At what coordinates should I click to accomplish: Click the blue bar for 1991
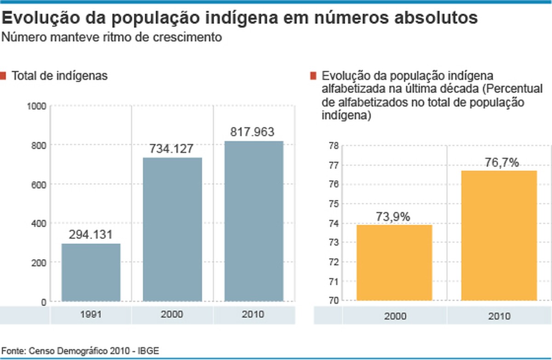pyautogui.click(x=91, y=273)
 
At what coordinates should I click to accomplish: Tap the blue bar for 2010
pyautogui.click(x=254, y=221)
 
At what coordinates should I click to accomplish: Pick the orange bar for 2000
pyautogui.click(x=394, y=263)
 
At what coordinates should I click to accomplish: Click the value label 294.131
pyautogui.click(x=91, y=234)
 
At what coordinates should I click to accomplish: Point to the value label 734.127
pyautogui.click(x=172, y=149)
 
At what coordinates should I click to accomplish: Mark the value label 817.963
pyautogui.click(x=253, y=132)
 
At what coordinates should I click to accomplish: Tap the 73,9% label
pyautogui.click(x=393, y=216)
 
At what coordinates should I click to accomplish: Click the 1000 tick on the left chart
pyautogui.click(x=37, y=106)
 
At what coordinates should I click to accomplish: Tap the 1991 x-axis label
pyautogui.click(x=91, y=315)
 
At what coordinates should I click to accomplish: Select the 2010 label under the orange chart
pyautogui.click(x=500, y=316)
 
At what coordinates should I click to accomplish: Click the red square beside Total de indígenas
pyautogui.click(x=3, y=75)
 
